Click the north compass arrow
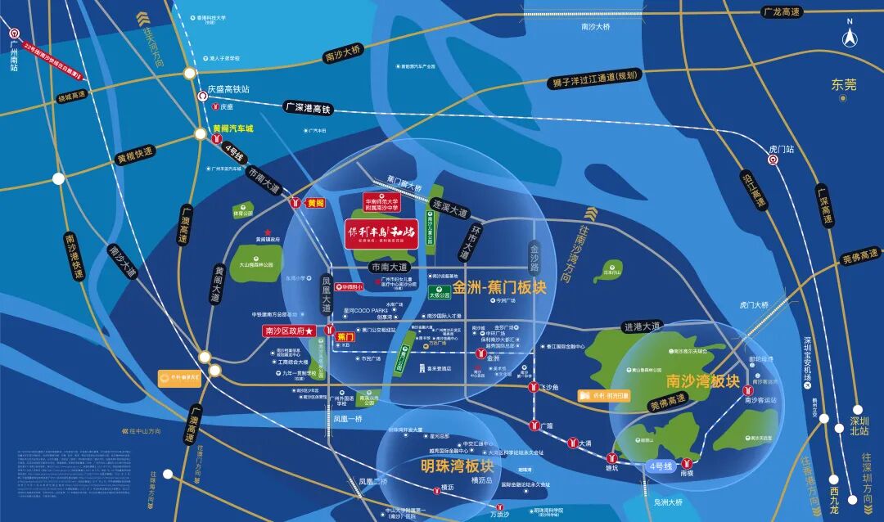coord(850,37)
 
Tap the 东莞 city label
coord(843,84)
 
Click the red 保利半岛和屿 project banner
coord(381,233)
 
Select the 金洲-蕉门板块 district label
coord(499,288)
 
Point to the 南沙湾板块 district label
coord(702,380)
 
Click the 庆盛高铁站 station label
coord(228,88)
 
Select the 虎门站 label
coord(782,150)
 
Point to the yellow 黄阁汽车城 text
coord(233,128)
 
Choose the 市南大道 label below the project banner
coord(389,267)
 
